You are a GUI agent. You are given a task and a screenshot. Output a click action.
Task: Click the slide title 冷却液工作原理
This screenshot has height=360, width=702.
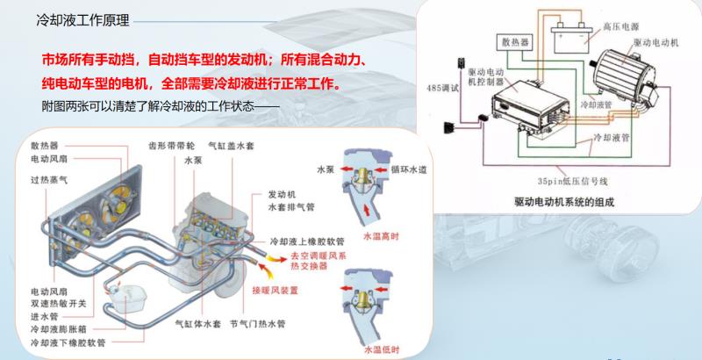point(82,20)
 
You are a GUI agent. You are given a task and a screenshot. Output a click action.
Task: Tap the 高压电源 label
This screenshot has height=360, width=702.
point(621,27)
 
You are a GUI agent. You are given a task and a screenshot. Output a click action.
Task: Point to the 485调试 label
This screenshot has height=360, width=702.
point(442,88)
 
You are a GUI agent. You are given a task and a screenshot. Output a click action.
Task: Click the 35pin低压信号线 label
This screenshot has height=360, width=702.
point(572,182)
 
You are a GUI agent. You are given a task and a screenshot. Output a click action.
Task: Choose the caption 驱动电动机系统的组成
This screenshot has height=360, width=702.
point(564,202)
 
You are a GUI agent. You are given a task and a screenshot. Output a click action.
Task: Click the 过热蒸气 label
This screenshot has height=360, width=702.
point(49,180)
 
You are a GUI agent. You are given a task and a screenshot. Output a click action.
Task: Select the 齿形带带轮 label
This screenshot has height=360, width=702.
point(171,146)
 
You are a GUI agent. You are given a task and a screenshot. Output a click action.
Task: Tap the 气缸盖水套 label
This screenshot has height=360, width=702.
point(231,146)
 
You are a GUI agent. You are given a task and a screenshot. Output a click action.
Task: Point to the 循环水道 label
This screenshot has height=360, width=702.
point(409,169)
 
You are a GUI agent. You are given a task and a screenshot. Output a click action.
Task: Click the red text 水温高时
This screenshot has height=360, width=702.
point(381,236)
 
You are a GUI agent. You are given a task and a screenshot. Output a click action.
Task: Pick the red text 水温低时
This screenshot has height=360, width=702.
point(382,349)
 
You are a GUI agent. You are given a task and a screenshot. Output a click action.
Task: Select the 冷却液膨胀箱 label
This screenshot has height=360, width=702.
point(59,329)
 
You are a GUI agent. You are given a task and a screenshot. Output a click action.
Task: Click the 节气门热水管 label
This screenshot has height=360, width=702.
point(257,324)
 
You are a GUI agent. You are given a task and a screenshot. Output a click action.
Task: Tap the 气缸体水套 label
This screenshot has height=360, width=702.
point(198,324)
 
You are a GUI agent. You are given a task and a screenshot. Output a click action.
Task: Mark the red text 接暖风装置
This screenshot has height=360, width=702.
point(275,291)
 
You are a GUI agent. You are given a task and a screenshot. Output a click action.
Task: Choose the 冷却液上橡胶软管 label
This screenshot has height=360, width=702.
point(307,241)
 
